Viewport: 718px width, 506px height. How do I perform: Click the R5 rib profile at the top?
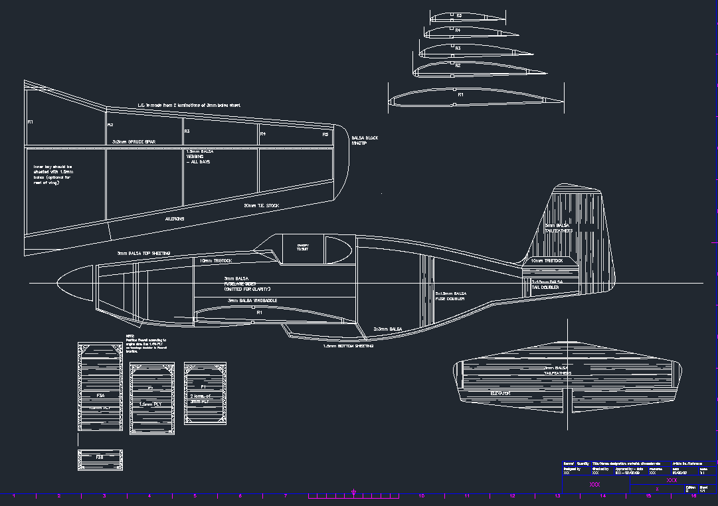(x=459, y=17)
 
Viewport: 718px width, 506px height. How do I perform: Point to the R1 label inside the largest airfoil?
(x=460, y=95)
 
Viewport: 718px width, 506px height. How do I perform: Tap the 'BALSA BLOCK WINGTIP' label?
(x=364, y=141)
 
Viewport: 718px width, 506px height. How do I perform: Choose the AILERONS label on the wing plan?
(x=174, y=218)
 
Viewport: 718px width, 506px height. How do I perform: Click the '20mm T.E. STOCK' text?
(x=261, y=206)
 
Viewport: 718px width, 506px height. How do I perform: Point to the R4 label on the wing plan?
(x=263, y=134)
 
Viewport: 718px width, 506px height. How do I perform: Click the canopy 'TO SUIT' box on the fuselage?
(x=303, y=247)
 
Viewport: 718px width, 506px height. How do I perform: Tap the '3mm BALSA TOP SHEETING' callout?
(x=143, y=253)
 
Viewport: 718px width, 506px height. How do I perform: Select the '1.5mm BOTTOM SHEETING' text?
(x=348, y=346)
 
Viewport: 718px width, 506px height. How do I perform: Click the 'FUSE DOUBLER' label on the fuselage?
(x=450, y=296)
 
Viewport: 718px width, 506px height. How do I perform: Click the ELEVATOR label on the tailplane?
(x=499, y=393)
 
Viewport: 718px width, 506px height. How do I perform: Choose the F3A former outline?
(x=99, y=386)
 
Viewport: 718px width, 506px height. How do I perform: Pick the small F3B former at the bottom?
(x=100, y=459)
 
